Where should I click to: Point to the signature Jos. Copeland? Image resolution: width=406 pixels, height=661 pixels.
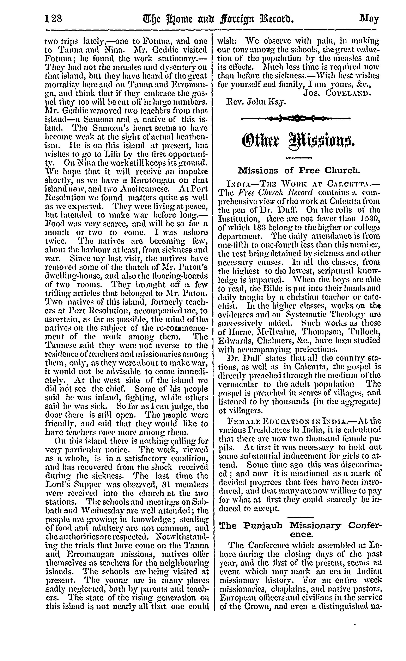[x=337, y=93]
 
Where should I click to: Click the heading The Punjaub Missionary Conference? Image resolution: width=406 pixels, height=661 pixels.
[x=301, y=529]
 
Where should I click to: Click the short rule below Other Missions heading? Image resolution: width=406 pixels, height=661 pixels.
[x=299, y=157]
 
